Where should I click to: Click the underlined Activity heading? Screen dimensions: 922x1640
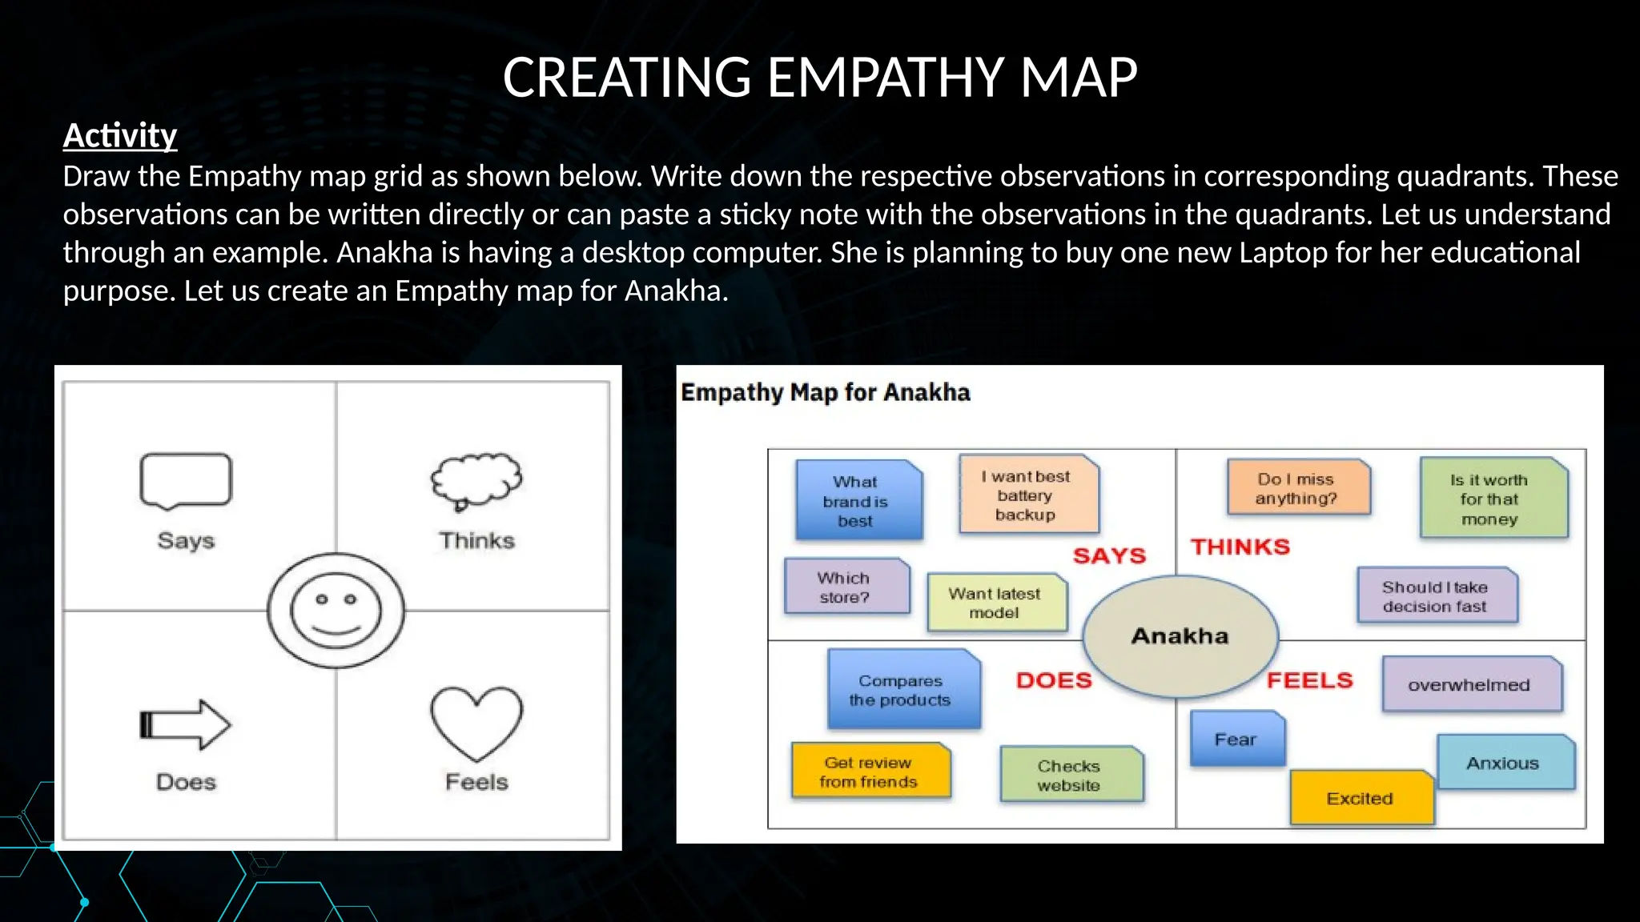120,135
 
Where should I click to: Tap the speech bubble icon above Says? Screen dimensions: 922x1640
186,480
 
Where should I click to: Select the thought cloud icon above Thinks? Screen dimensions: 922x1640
476,480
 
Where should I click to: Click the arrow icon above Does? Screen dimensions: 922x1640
185,724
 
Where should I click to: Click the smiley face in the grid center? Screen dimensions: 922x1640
336,611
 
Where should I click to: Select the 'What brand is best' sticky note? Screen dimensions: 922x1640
858,501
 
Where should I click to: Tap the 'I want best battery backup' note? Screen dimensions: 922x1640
1028,495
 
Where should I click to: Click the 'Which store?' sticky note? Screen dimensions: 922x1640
846,587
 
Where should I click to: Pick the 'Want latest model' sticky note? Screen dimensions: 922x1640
996,603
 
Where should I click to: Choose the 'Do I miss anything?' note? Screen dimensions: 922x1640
1298,487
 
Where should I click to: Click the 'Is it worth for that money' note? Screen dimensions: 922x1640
1493,499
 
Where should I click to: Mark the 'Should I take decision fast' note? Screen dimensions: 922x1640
1437,595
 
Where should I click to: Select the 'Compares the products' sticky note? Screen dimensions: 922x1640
903,689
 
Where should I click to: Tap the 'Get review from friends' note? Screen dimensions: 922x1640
870,772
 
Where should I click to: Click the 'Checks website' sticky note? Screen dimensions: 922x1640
1071,775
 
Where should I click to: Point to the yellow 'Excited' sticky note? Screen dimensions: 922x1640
1361,798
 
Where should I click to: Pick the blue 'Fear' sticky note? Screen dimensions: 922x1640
1237,739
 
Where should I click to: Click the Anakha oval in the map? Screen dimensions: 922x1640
1180,636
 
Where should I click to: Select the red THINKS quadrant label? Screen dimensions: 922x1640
1240,547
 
